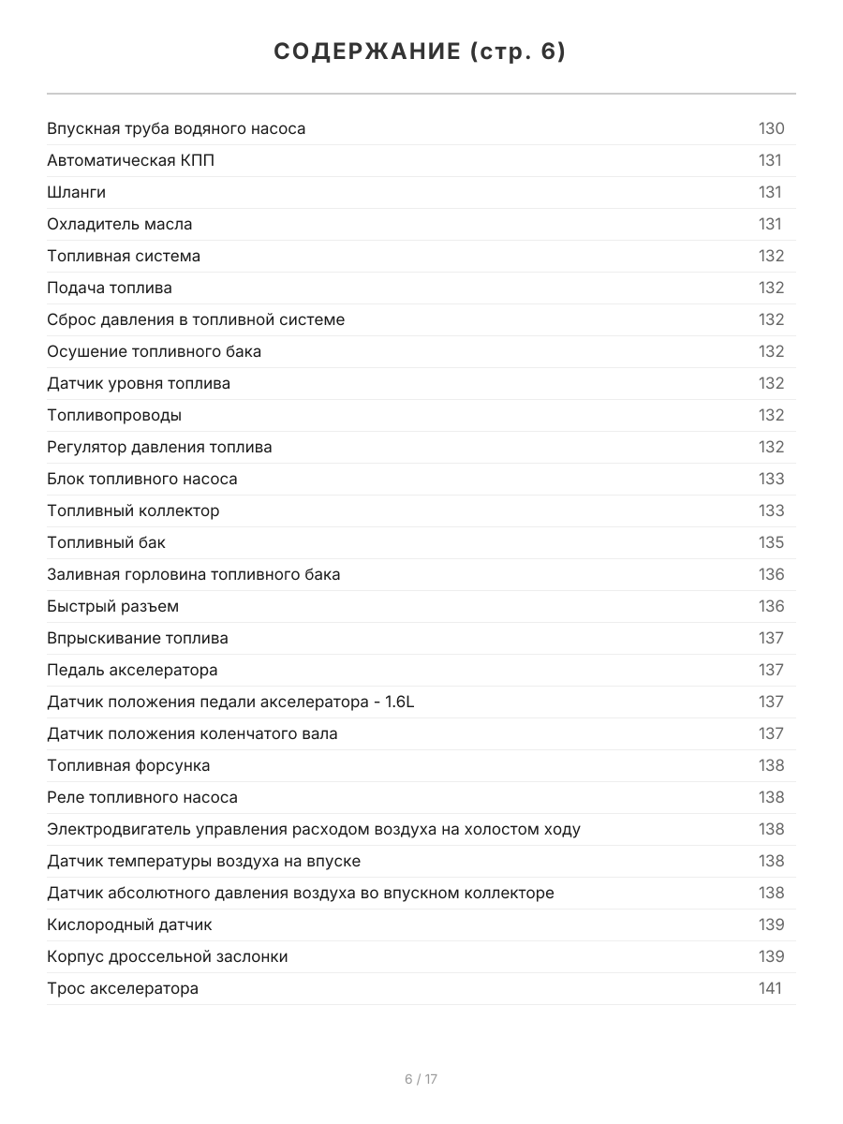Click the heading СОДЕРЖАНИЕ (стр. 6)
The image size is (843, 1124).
421,52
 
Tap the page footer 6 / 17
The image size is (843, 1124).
421,1079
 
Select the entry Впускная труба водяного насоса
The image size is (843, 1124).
176,128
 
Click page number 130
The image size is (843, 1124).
771,128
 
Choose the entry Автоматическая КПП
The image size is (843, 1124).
130,160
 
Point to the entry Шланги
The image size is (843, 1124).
76,192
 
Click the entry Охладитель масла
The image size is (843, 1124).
119,224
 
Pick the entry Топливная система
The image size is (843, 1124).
124,256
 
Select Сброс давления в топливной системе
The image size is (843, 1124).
196,319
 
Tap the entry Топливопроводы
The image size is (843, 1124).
114,415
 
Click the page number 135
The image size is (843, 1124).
771,542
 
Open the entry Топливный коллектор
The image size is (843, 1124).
133,510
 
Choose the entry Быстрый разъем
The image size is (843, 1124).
112,606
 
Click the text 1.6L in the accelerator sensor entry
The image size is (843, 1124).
398,702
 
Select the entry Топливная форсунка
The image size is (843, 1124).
128,765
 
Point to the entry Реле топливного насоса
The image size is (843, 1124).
142,797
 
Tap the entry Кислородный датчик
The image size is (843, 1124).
129,924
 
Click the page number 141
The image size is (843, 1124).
769,988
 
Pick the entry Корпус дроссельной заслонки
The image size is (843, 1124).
168,956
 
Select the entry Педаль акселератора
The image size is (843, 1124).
132,670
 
